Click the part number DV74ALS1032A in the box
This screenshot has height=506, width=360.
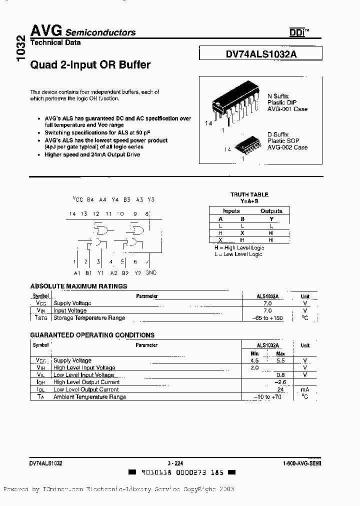261,55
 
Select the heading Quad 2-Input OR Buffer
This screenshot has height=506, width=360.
90,65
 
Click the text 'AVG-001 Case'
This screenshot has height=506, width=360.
287,109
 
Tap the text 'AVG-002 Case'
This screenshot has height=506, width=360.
287,147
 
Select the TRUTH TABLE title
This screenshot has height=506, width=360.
249,194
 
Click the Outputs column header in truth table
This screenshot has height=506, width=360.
271,211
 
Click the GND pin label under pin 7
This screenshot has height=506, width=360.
150,272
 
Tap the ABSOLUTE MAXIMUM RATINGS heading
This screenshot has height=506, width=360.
78,286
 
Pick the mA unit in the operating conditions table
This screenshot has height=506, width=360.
304,389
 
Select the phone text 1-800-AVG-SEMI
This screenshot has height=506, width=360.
301,463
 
